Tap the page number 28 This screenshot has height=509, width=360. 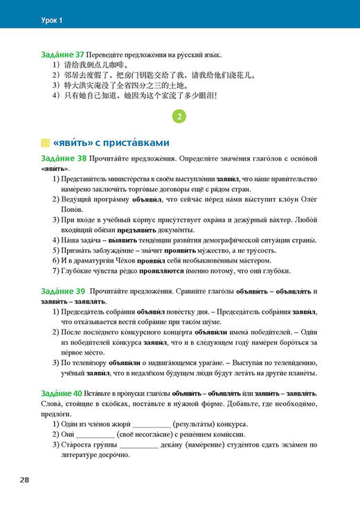click(24, 479)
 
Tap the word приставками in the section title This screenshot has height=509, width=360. click(138, 143)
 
